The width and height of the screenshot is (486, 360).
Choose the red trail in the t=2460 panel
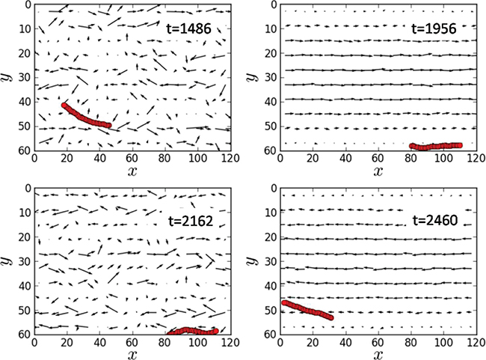pyautogui.click(x=307, y=310)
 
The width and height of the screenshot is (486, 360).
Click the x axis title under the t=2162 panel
pyautogui.click(x=132, y=353)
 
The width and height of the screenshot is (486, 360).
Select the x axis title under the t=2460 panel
pyautogui.click(x=377, y=353)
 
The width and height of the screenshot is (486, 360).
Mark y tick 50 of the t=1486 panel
pyautogui.click(x=23, y=126)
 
